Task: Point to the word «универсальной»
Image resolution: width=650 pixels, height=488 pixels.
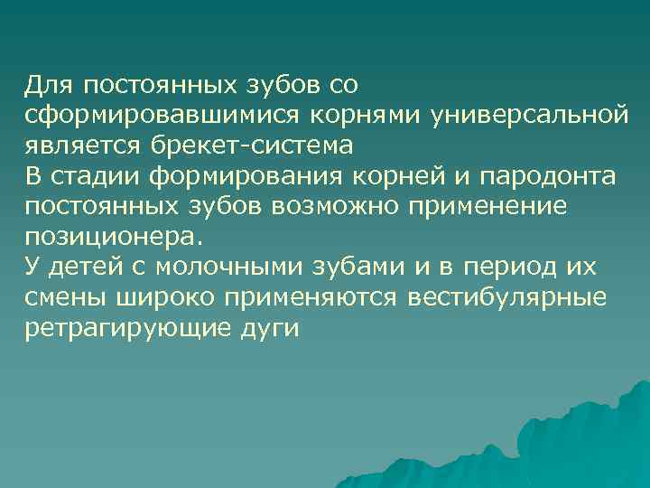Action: coord(528,117)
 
